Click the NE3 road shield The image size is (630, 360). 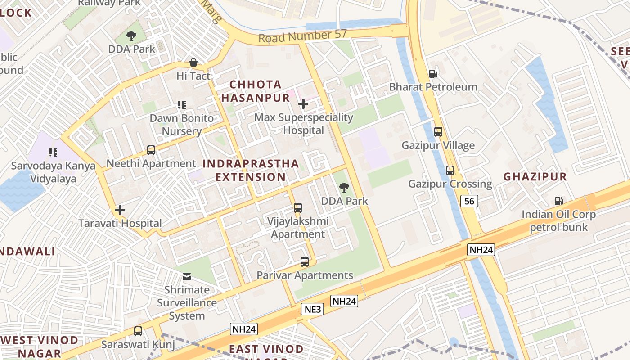[312, 309]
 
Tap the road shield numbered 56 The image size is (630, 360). [469, 201]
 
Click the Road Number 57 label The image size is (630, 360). [302, 36]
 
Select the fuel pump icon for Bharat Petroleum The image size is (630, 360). [433, 73]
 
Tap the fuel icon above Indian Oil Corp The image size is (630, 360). [558, 201]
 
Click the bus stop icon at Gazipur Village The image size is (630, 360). [438, 132]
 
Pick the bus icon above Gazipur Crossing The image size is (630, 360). [450, 171]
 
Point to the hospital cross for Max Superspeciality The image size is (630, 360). [303, 104]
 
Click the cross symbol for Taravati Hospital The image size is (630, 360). [120, 210]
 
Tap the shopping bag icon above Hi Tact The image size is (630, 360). [193, 63]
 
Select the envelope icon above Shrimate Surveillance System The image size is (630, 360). [186, 276]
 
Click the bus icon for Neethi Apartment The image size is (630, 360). [151, 150]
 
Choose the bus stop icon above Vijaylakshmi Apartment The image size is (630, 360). [297, 208]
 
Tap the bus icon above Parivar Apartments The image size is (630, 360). [305, 262]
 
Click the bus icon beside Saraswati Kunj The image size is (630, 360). [138, 331]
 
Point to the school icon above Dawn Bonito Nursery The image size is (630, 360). [182, 105]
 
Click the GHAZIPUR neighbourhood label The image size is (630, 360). [535, 177]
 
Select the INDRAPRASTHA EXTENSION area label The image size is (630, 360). [251, 170]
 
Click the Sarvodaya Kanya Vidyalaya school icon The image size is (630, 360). [53, 153]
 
